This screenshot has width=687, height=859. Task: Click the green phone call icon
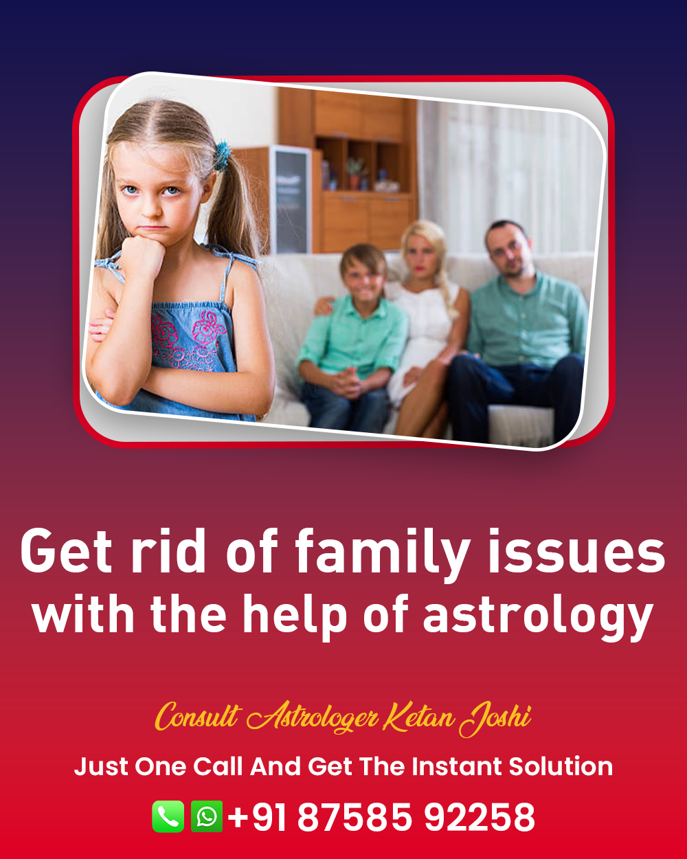point(168,816)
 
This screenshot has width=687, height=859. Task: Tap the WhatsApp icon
point(207,816)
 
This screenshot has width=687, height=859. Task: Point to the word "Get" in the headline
point(66,551)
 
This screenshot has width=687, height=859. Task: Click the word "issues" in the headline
point(576,551)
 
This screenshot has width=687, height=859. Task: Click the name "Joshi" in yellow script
point(495,719)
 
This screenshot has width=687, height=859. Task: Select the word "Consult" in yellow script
point(198,717)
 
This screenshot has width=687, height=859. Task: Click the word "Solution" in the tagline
point(561,766)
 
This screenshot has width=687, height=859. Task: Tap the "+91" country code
point(258,817)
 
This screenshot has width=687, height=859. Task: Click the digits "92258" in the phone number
point(480,817)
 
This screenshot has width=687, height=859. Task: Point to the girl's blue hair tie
point(221,156)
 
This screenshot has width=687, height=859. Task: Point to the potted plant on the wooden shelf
point(355,174)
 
